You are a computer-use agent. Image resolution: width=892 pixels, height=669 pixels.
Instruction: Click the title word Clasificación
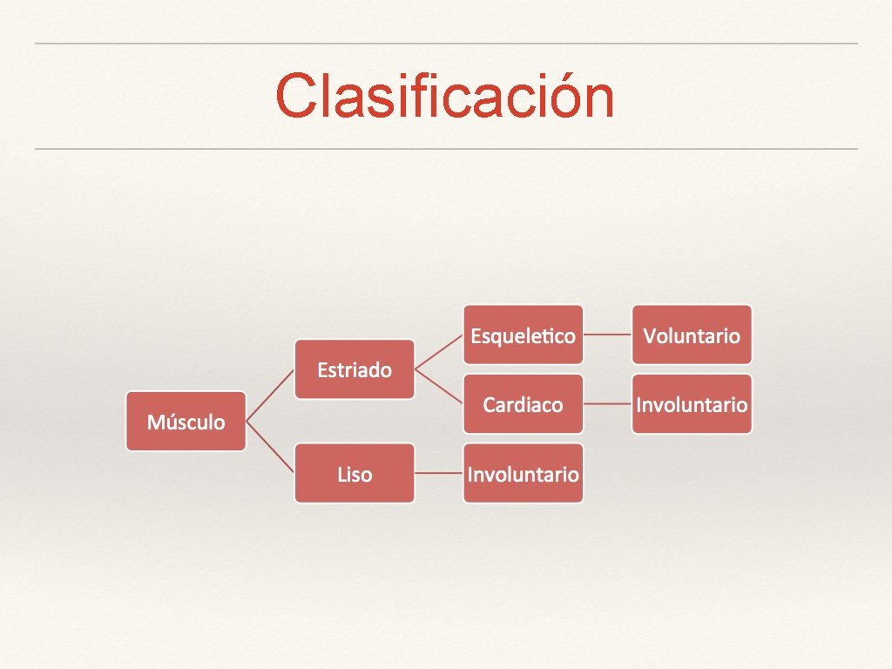pyautogui.click(x=445, y=96)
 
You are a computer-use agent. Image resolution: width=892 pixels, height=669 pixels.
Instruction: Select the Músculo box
pyautogui.click(x=186, y=422)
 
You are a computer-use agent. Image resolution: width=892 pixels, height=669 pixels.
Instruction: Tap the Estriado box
pyautogui.click(x=355, y=369)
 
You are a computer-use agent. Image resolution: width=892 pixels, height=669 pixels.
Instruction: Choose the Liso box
pyautogui.click(x=355, y=474)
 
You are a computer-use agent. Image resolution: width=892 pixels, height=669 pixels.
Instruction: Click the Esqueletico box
pyautogui.click(x=523, y=334)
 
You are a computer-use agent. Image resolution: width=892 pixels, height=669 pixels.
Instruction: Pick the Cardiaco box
pyautogui.click(x=523, y=404)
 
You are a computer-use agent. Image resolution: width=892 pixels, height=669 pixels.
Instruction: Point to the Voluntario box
pyautogui.click(x=692, y=334)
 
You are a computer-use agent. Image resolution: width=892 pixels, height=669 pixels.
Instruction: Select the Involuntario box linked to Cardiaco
pyautogui.click(x=692, y=404)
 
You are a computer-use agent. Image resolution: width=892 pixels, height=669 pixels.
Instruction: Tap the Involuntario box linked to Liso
pyautogui.click(x=523, y=474)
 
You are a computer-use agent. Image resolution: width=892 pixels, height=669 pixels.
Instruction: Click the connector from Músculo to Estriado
pyautogui.click(x=270, y=395)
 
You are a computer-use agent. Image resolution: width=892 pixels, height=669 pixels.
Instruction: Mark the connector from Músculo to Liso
pyautogui.click(x=270, y=448)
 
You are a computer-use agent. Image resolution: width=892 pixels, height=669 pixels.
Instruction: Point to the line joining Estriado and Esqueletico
pyautogui.click(x=439, y=352)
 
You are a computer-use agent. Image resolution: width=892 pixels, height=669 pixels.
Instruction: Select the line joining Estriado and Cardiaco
pyautogui.click(x=439, y=387)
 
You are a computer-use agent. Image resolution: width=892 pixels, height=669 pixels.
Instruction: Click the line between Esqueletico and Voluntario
pyautogui.click(x=607, y=334)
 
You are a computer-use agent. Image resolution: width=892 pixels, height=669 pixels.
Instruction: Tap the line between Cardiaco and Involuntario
pyautogui.click(x=607, y=404)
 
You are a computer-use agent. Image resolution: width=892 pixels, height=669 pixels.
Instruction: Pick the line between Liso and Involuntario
pyautogui.click(x=439, y=474)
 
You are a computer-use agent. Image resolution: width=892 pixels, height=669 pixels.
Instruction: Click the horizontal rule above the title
pyautogui.click(x=445, y=44)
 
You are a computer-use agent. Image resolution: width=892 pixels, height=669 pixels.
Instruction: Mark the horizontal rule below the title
pyautogui.click(x=445, y=149)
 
